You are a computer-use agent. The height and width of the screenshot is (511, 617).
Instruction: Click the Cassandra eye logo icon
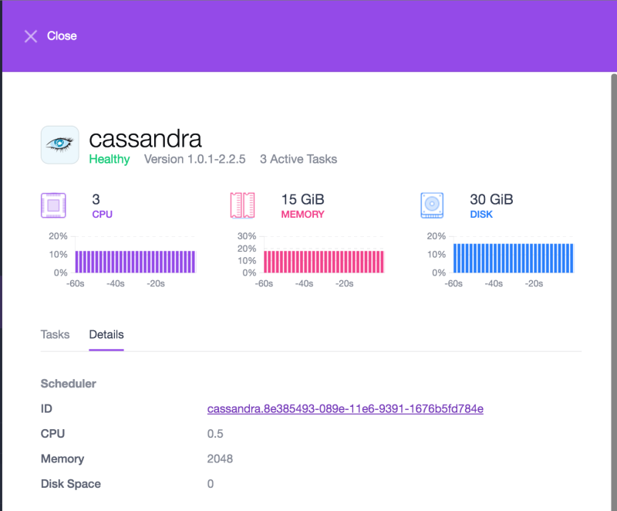point(59,144)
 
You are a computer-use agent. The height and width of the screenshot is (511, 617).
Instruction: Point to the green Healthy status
point(110,159)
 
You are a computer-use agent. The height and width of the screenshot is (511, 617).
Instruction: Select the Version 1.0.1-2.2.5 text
point(194,159)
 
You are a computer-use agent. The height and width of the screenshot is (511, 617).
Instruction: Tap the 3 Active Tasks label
point(298,159)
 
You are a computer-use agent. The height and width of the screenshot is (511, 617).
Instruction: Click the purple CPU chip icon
point(53,205)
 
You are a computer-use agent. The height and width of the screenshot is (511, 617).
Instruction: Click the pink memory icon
point(242,205)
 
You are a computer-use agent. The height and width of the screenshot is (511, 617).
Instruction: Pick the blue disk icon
point(432,205)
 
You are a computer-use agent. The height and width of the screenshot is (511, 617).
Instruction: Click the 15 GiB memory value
point(303,200)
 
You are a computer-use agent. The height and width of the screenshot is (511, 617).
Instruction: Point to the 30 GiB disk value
point(491,200)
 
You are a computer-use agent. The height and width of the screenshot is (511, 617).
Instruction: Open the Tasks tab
point(55,335)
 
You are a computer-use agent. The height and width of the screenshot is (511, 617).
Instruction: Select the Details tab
point(106,335)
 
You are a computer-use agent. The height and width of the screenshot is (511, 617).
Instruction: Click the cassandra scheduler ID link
point(345,408)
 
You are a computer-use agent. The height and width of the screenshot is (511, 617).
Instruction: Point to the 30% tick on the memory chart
point(247,236)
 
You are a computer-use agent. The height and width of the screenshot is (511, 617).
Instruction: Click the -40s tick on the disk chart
point(493,283)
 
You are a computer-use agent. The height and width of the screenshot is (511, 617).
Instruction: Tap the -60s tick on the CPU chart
point(75,283)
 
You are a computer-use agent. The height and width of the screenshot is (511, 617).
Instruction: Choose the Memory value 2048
point(220,459)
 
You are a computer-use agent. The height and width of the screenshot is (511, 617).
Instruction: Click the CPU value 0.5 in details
point(215,434)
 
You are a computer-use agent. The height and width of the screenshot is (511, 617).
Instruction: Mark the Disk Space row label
point(70,484)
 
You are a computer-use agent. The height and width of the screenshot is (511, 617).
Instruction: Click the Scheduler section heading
point(68,383)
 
